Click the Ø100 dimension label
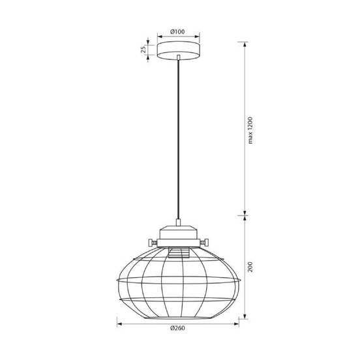point(177,32)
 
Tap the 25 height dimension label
point(143,50)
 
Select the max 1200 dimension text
point(250,130)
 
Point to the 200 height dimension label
point(250,267)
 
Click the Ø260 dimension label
point(177,328)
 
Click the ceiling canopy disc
point(179,50)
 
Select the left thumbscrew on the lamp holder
point(153,242)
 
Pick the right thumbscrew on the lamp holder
point(204,242)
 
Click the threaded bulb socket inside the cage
point(179,252)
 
